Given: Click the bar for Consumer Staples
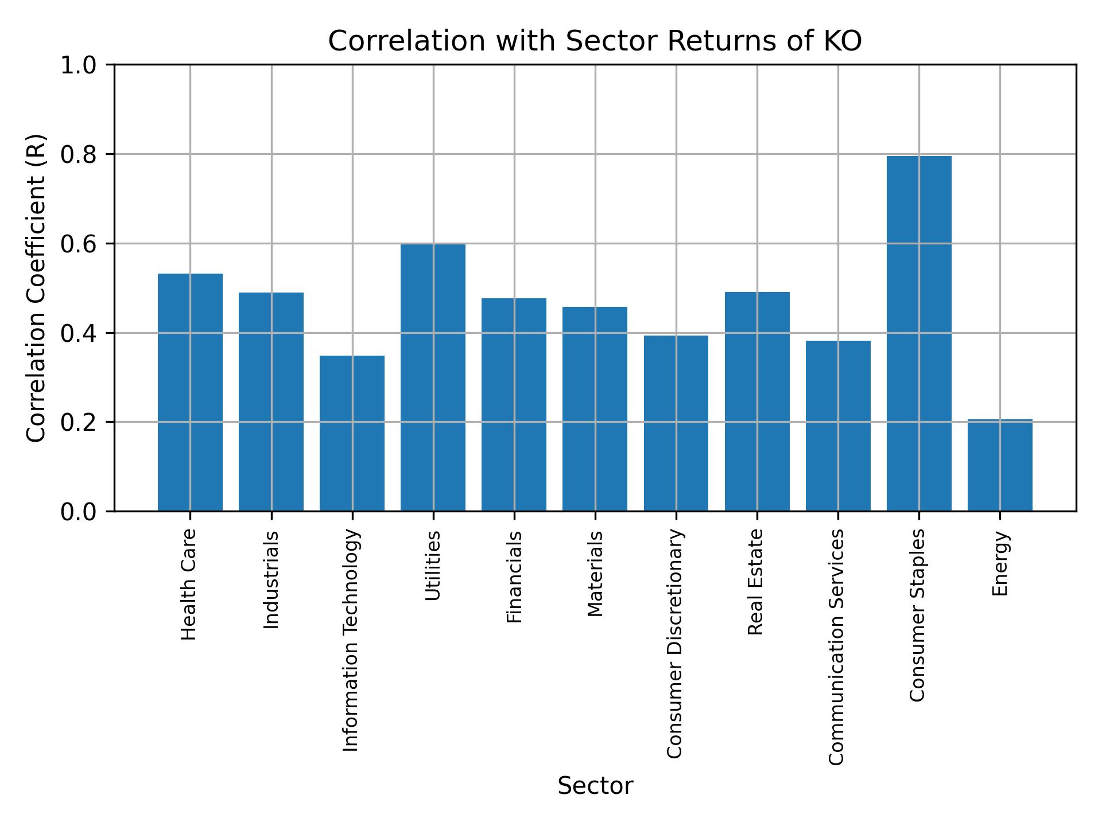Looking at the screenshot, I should click(x=919, y=333).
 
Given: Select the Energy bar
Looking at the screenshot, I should click(x=1000, y=465).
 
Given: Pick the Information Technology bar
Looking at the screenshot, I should click(x=352, y=433).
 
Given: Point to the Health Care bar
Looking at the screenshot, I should click(x=190, y=392).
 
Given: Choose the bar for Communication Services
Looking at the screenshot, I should click(x=838, y=426).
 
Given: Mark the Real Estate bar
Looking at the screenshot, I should click(x=757, y=402).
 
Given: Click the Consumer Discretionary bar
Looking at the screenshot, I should click(x=676, y=423).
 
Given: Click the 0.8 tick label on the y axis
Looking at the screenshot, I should click(x=79, y=155).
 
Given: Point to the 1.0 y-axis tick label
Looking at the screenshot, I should click(x=79, y=65).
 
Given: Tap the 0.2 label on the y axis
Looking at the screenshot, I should click(x=79, y=423).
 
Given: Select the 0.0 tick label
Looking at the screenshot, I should click(x=79, y=512).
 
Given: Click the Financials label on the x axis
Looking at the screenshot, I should click(x=514, y=577).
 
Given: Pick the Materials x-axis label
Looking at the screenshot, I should click(x=596, y=574).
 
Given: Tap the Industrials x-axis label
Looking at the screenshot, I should click(x=271, y=580).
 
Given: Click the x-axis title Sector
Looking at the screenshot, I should click(x=595, y=786).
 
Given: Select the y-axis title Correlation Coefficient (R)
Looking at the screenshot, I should click(x=36, y=288).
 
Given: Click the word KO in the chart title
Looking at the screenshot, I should click(x=844, y=41).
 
